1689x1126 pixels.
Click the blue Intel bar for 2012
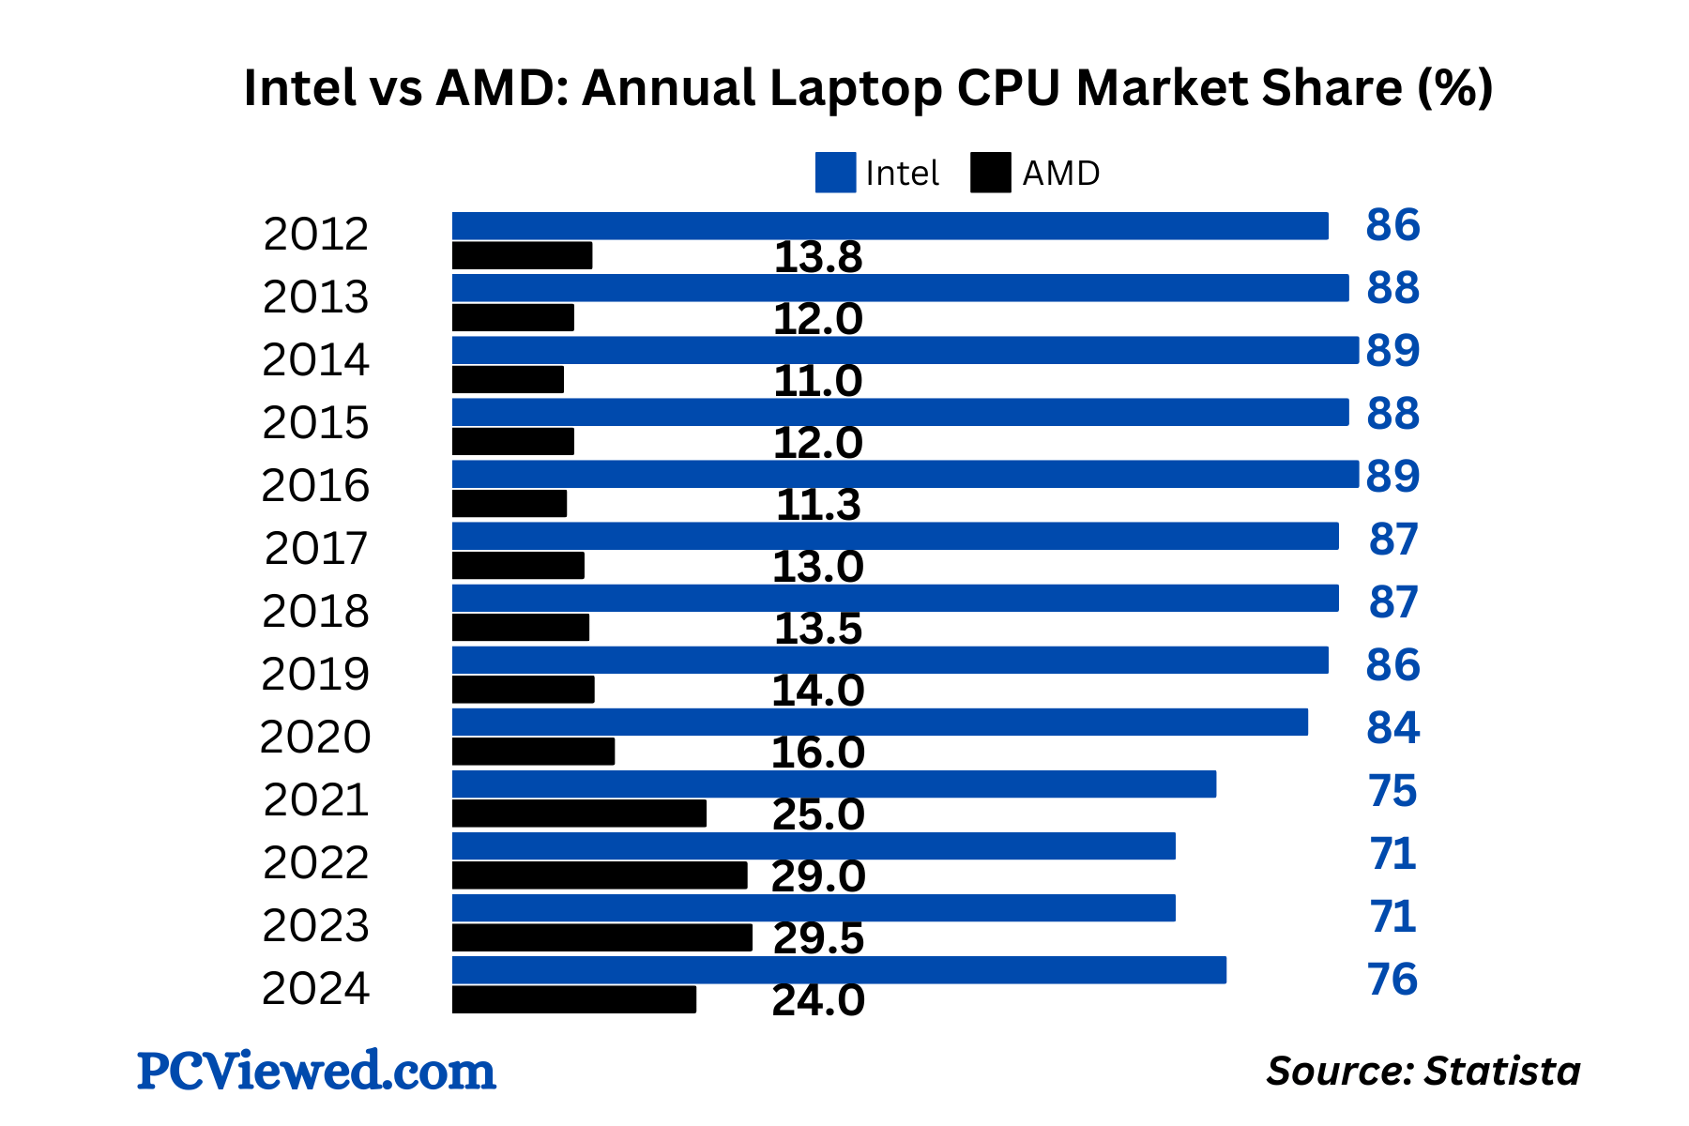pos(890,226)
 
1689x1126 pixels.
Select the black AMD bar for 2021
pos(579,814)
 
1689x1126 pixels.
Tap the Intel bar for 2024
pos(839,970)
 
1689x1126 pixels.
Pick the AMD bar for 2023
pos(601,937)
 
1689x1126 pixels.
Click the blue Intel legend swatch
pos(835,173)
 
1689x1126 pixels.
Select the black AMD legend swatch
pos(991,173)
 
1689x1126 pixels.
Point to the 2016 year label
pos(315,486)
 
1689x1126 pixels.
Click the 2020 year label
pos(315,738)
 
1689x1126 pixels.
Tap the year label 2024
pos(315,989)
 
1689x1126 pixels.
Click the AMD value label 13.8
pos(817,258)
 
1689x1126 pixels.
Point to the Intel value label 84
pos(1392,728)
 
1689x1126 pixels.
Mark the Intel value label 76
pos(1392,980)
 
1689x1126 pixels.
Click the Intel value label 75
pos(1392,791)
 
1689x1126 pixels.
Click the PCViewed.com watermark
pos(316,1071)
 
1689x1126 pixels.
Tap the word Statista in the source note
pos(1502,1072)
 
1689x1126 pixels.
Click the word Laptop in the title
pos(856,89)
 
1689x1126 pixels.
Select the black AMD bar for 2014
pos(508,380)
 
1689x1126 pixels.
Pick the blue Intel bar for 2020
pos(879,723)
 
